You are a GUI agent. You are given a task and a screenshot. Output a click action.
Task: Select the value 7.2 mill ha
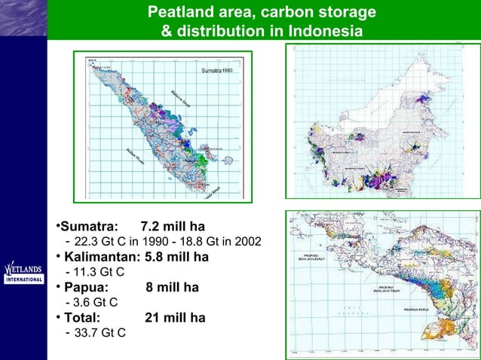(x=173, y=227)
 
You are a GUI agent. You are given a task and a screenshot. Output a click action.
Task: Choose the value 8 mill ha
(x=173, y=288)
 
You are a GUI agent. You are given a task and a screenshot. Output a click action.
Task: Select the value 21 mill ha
(x=175, y=318)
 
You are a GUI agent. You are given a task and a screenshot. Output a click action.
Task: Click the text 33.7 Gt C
(x=100, y=332)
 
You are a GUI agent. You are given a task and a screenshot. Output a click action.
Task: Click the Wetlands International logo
(x=23, y=270)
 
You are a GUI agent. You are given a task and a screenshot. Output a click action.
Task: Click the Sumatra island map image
(x=162, y=126)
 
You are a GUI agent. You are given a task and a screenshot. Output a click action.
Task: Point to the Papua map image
(x=382, y=282)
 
